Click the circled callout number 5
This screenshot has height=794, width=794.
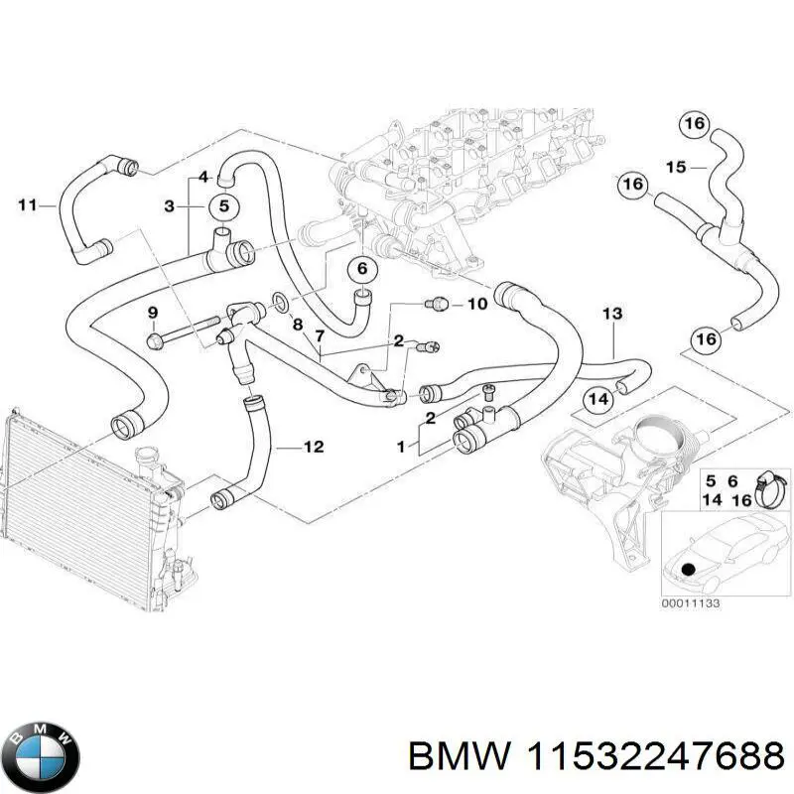[x=224, y=206]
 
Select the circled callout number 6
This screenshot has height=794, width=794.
[x=362, y=268]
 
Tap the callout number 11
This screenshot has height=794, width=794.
[x=27, y=205]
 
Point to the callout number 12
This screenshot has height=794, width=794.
[x=313, y=448]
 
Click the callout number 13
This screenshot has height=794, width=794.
[x=612, y=315]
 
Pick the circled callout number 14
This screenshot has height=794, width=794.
[x=596, y=400]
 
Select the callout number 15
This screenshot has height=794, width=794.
[x=676, y=168]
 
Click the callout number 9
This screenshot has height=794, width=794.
[x=152, y=314]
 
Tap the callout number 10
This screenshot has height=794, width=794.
[x=476, y=304]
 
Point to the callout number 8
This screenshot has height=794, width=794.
[x=296, y=324]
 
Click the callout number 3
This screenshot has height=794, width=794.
[x=169, y=206]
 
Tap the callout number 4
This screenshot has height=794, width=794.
[x=202, y=177]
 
